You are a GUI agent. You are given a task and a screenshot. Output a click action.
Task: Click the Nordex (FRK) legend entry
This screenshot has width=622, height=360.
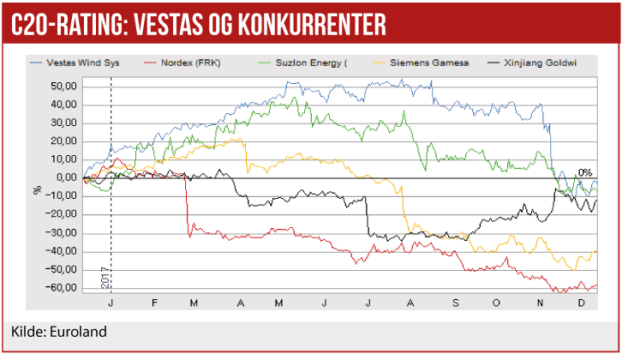pos(194,63)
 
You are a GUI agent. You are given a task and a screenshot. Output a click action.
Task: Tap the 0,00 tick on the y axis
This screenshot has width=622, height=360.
pos(69,178)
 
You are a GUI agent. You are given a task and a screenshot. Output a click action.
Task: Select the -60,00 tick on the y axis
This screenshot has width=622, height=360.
pos(64,288)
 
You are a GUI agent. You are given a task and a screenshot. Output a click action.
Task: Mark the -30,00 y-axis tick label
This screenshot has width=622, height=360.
pos(64,233)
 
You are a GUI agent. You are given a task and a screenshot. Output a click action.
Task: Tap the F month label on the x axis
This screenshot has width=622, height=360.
pos(154,303)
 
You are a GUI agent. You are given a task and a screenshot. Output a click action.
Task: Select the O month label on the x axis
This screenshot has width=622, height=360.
pos(498,303)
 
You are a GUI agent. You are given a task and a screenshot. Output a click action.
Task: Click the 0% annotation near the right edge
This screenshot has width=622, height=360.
pos(585,172)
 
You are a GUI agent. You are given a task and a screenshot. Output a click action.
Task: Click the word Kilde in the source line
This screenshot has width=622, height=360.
pos(27,332)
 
